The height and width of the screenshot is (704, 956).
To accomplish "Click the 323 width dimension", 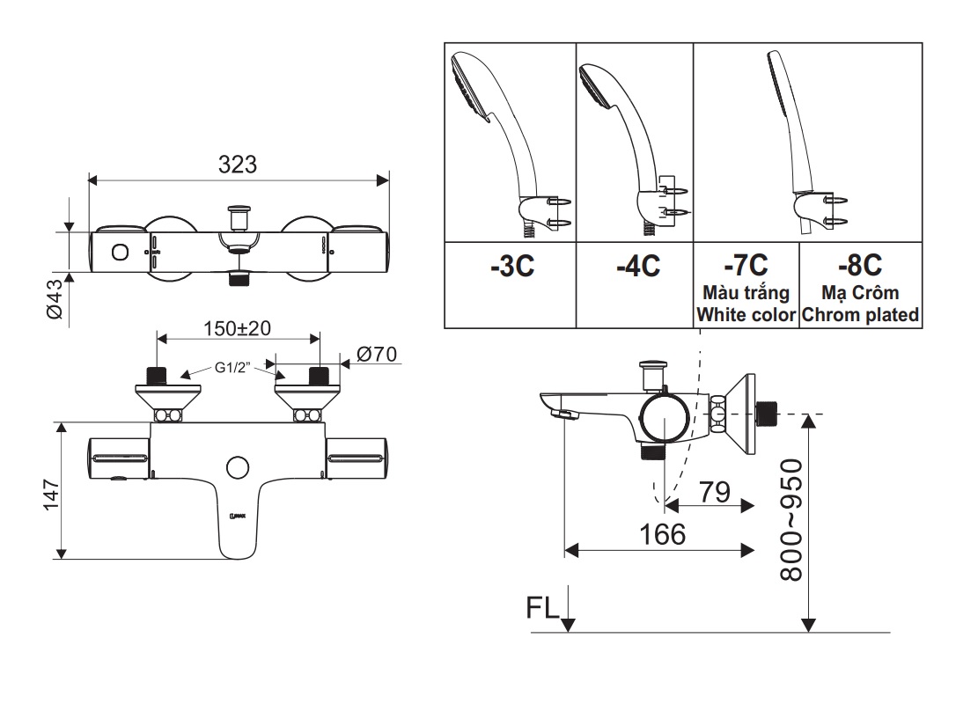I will pos(238,165).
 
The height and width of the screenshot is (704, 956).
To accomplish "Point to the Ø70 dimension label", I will pos(378,354).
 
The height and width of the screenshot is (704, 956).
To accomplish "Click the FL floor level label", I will pos(541,609).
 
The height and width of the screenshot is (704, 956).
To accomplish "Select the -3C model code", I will pos(512,267).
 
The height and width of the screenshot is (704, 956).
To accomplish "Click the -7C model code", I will pos(745,264).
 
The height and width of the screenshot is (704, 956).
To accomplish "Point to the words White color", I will pos(745,314).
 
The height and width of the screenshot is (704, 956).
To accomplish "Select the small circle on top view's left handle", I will pos(118,253).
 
